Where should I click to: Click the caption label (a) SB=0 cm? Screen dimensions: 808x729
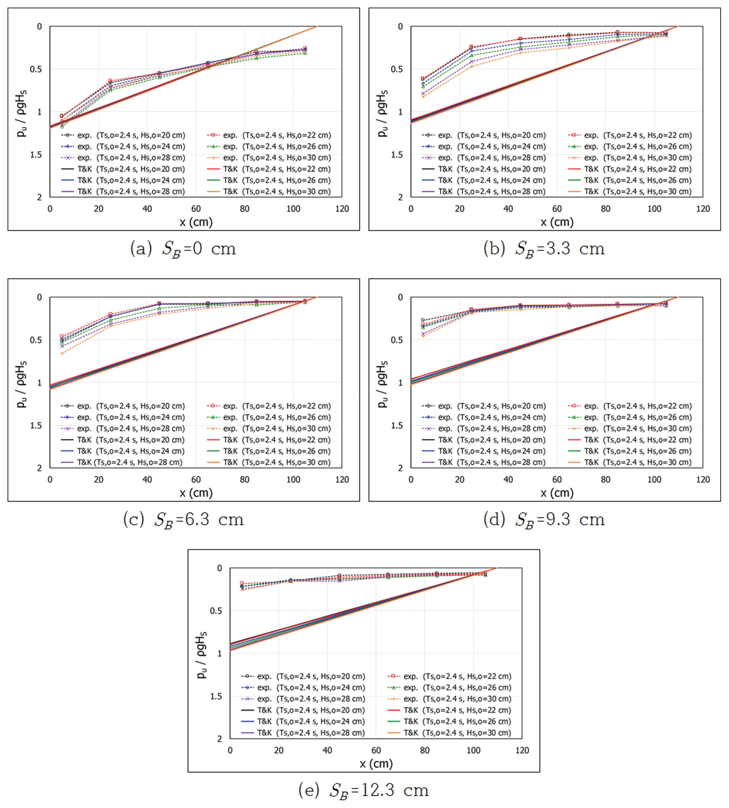[x=183, y=249]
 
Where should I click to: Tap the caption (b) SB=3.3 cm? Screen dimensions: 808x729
[x=544, y=249]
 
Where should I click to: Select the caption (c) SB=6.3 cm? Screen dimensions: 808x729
[x=183, y=520]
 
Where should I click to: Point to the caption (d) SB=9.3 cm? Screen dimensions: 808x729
[x=544, y=520]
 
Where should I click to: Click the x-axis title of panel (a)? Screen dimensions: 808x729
[x=196, y=222]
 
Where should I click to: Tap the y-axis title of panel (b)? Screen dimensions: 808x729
[x=383, y=113]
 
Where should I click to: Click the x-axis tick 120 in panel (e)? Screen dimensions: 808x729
[x=522, y=750]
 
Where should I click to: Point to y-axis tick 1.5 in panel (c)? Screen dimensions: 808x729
[x=36, y=425]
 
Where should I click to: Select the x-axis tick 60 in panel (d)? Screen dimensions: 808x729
[x=557, y=480]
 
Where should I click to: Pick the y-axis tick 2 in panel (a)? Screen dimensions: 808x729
[x=39, y=197]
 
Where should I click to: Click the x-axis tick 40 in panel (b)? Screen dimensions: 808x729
[x=508, y=209]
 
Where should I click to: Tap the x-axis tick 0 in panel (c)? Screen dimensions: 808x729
[x=50, y=480]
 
